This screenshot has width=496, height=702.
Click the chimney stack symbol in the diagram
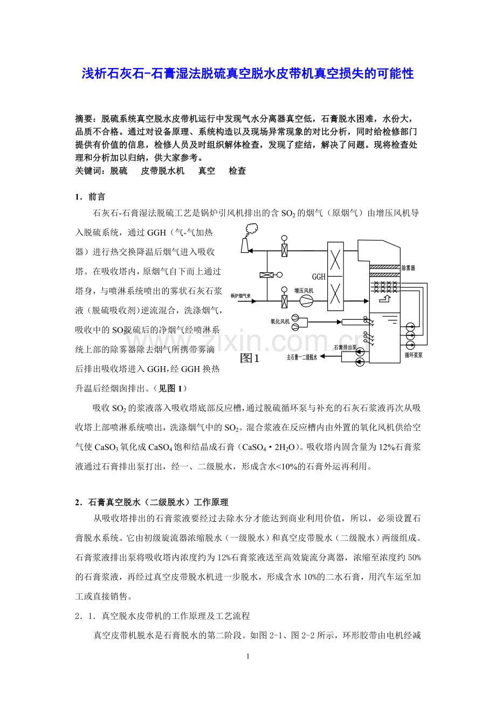tap(246, 244)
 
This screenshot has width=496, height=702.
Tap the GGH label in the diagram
tap(319, 277)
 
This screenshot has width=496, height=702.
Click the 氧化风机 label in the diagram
tap(280, 321)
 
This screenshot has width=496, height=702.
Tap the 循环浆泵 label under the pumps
tap(413, 355)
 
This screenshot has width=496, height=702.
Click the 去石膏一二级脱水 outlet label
tap(301, 357)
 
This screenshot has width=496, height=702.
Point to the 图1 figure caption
tap(250, 359)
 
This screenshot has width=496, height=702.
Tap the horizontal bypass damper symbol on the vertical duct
tap(266, 275)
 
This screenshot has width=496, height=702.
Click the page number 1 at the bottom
tap(247, 656)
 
